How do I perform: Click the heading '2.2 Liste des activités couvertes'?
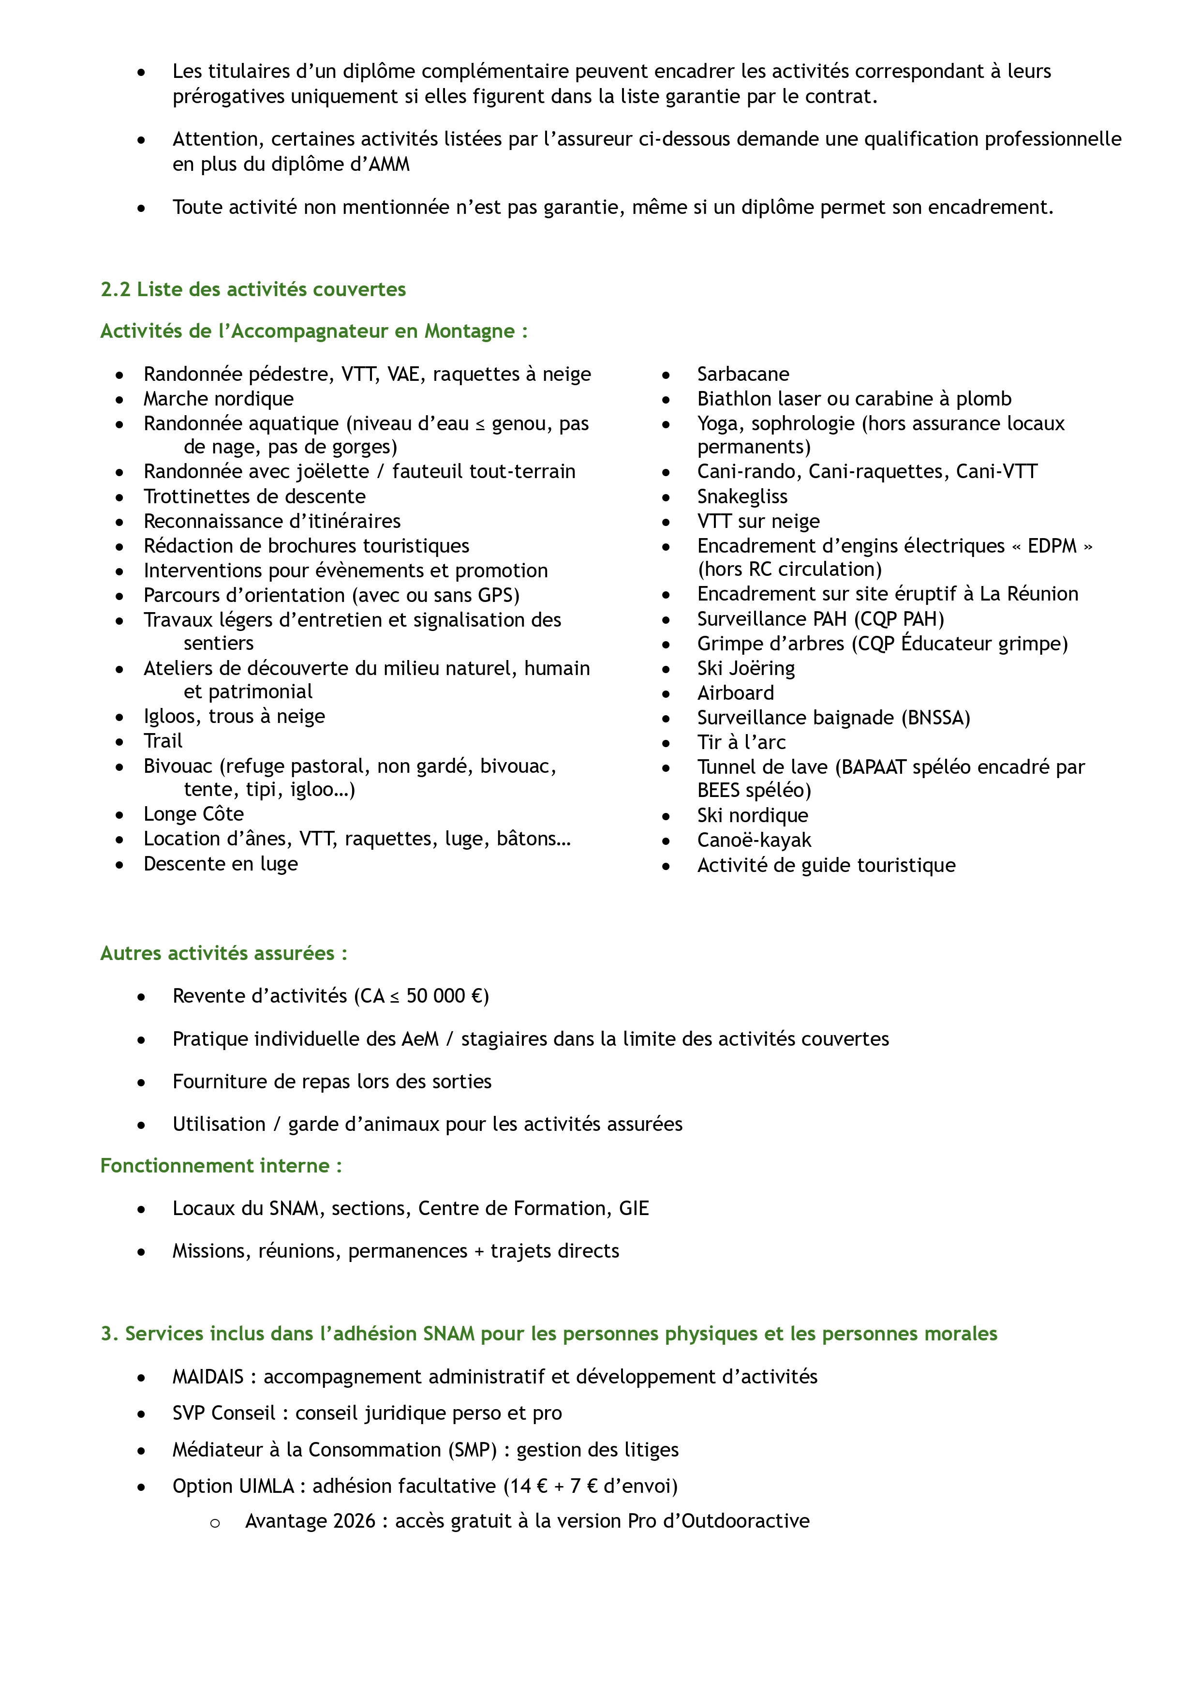point(253,289)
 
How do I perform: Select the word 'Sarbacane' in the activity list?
point(742,374)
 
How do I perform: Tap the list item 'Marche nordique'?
point(218,399)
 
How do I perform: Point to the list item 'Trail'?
point(163,741)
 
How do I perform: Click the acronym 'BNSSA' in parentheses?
point(935,718)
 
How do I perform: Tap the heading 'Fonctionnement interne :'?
point(221,1166)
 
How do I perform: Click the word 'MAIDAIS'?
point(208,1377)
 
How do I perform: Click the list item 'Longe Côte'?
point(194,814)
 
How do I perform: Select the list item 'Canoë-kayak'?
point(754,841)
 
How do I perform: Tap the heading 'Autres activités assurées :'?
point(223,953)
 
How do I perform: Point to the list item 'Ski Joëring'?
point(745,669)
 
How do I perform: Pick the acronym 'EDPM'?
point(1052,546)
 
